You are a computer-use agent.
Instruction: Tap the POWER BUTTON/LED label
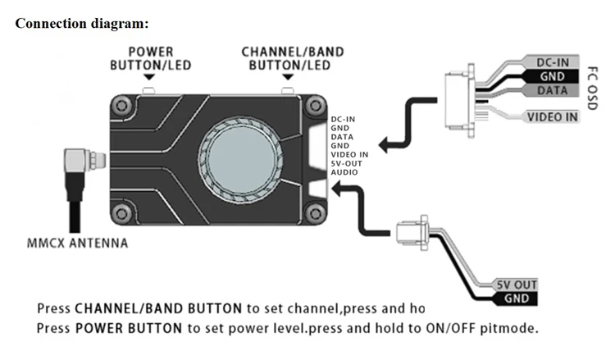pyautogui.click(x=151, y=57)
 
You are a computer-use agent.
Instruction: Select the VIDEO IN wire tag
pyautogui.click(x=552, y=116)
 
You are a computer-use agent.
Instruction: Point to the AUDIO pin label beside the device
pyautogui.click(x=344, y=171)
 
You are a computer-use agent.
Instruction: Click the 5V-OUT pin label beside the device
pyautogui.click(x=347, y=162)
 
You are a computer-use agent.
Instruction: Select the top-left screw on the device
pyautogui.click(x=122, y=103)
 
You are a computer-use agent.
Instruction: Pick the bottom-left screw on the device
pyautogui.click(x=122, y=214)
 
